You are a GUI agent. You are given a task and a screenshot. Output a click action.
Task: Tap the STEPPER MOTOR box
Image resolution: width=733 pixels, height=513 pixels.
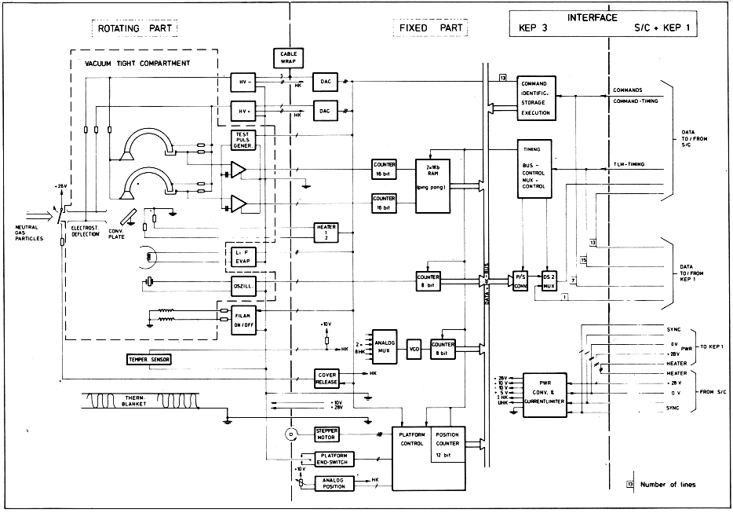(326, 434)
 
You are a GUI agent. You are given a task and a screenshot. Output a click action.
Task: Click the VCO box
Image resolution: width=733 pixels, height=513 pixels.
(414, 346)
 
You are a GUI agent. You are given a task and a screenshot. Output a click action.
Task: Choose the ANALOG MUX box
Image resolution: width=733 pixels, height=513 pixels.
(385, 346)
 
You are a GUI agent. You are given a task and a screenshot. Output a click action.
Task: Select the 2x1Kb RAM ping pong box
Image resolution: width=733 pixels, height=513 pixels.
(432, 181)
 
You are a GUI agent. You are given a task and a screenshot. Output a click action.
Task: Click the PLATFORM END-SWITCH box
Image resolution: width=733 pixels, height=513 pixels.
(335, 459)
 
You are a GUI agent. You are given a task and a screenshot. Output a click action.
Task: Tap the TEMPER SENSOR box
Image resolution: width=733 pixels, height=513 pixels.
(148, 360)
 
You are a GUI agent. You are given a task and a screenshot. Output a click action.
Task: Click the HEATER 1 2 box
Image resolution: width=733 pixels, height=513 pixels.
(326, 232)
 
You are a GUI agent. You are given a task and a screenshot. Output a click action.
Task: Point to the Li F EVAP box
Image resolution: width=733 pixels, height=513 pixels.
(243, 255)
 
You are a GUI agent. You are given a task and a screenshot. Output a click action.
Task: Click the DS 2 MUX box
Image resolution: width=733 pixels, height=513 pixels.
(549, 280)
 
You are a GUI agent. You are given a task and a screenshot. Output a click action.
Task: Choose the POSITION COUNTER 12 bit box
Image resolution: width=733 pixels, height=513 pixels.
(447, 444)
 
